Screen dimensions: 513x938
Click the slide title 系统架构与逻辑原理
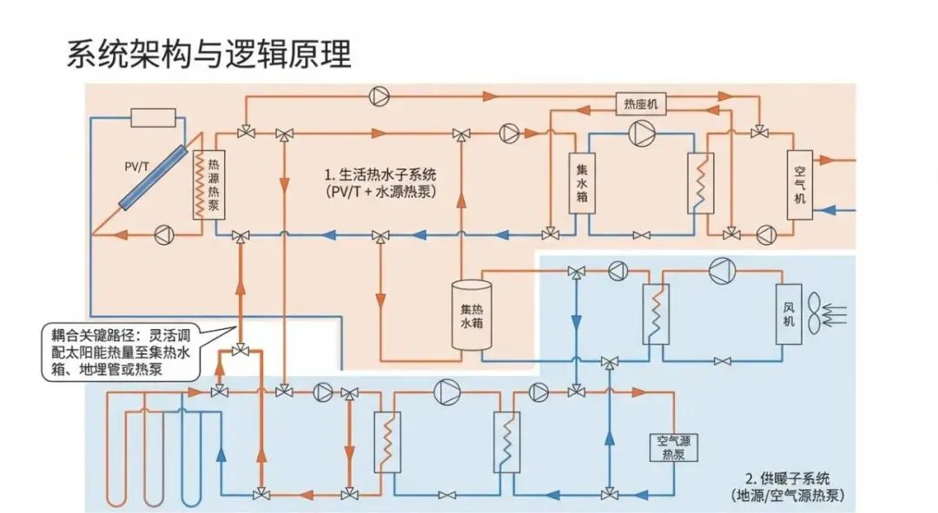pos(208,54)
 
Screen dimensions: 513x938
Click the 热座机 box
pos(640,103)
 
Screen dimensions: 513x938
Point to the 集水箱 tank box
pos(581,184)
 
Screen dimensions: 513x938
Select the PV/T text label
pos(136,163)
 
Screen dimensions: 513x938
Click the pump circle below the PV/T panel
pos(162,233)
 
